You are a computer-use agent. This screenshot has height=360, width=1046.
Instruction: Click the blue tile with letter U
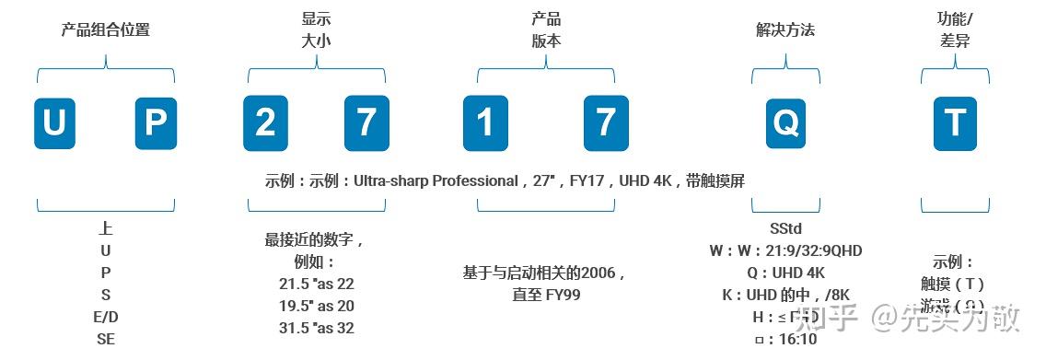tap(54, 123)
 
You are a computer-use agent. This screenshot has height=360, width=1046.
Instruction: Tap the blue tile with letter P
tap(156, 123)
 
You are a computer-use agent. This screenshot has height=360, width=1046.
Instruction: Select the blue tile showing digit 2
tap(264, 123)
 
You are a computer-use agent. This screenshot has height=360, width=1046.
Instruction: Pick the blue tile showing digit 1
tap(484, 123)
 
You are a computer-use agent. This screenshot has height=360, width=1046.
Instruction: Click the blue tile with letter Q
tap(785, 123)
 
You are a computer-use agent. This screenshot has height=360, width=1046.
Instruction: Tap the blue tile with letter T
tap(956, 123)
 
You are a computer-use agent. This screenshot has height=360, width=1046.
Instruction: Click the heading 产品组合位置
tap(105, 30)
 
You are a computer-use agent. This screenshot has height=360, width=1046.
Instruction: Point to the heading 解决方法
tap(785, 30)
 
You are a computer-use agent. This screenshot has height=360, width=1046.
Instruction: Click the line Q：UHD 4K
tap(785, 273)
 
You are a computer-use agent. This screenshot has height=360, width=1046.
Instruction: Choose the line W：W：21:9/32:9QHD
tap(785, 250)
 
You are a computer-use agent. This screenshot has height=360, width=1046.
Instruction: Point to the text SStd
tap(785, 228)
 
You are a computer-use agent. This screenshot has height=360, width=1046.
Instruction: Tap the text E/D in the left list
tap(106, 317)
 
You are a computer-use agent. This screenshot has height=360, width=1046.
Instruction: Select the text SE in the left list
tap(106, 339)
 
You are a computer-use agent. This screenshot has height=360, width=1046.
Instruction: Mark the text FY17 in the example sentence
tap(587, 180)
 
